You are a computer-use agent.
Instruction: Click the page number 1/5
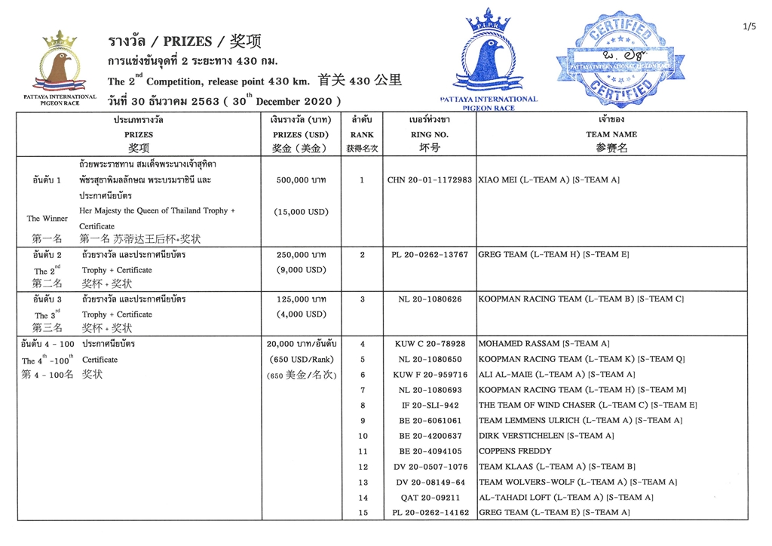pos(749,27)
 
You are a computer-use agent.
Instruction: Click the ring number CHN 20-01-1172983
pos(430,180)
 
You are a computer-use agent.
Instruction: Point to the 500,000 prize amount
pos(302,180)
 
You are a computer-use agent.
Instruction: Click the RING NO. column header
pos(429,134)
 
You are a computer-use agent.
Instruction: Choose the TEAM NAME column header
pos(611,134)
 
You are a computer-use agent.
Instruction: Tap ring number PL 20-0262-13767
pos(430,255)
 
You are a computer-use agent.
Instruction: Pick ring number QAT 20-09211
pos(430,498)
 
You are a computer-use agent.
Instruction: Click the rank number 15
pos(363,513)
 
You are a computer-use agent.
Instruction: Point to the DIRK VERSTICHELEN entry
pos(546,436)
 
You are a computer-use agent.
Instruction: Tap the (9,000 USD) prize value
pos(302,270)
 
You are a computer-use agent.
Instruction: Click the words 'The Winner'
pos(47,219)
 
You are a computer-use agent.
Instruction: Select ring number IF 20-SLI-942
pos(430,405)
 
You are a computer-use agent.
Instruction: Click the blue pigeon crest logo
pos(488,57)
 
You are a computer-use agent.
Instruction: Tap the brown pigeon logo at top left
pos(60,64)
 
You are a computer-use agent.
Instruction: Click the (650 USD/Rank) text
pos(301,359)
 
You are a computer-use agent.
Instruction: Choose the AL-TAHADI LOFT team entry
pos(565,498)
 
